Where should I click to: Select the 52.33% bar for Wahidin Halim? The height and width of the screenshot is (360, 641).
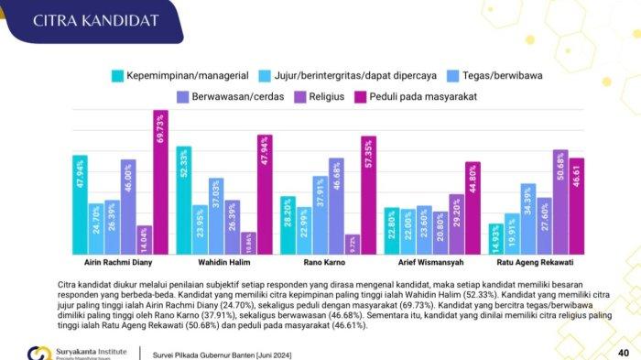point(183,200)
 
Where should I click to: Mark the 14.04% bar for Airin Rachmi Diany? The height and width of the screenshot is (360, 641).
point(144,240)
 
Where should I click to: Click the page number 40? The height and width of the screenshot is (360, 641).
point(623,353)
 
